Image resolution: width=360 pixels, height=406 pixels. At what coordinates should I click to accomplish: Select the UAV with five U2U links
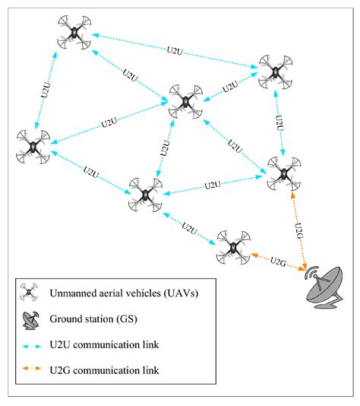pyautogui.click(x=185, y=102)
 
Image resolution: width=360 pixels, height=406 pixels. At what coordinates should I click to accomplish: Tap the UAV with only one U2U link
pyautogui.click(x=232, y=247)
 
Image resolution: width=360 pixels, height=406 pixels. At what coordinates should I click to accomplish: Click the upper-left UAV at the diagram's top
pyautogui.click(x=74, y=33)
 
